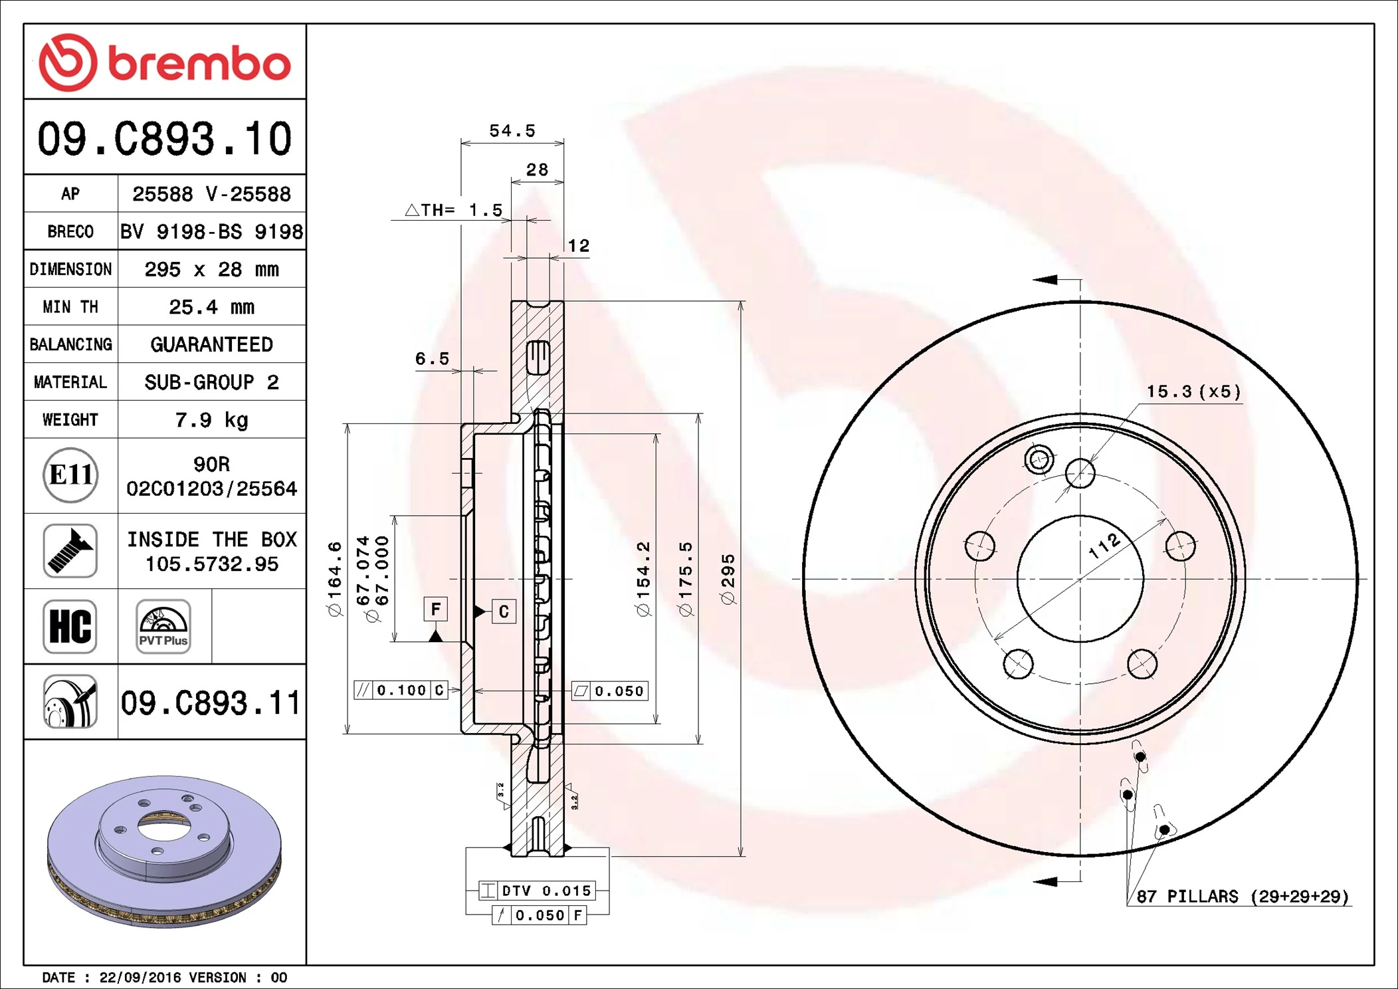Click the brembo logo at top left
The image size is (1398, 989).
tap(164, 62)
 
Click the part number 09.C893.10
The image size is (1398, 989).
tap(164, 138)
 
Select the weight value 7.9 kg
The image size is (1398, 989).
tap(211, 419)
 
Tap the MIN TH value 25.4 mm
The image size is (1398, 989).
tap(211, 306)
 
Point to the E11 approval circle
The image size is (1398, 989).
tap(70, 475)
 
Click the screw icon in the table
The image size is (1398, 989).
tap(70, 550)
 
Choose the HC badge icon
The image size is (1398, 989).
tap(70, 626)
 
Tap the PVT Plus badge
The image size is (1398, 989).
tap(163, 626)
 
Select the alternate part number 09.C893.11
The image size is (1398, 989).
tap(211, 703)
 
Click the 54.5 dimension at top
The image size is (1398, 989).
tap(512, 131)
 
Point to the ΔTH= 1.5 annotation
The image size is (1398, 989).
tap(454, 210)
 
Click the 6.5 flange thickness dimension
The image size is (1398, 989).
tap(432, 359)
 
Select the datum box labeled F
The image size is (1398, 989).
tap(435, 609)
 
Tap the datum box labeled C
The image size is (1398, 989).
tap(504, 611)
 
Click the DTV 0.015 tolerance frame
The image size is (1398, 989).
tap(537, 891)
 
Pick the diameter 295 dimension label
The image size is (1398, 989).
tap(728, 579)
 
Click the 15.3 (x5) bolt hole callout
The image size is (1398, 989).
tap(1193, 391)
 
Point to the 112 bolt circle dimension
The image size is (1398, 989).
tap(1104, 546)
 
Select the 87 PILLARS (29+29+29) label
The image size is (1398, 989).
tap(1242, 897)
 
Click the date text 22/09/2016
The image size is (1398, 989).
tap(140, 977)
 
